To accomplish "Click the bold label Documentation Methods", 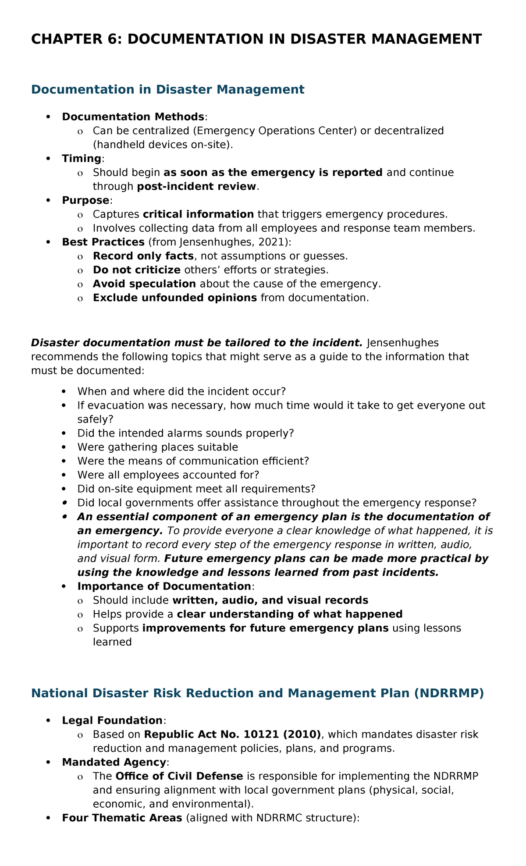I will coord(133,117).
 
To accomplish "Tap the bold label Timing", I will coord(82,159).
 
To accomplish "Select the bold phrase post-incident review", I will coord(196,186).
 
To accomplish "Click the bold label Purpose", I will coord(85,200).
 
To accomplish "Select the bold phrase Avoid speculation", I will coord(144,284).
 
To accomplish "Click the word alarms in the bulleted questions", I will coord(169,433).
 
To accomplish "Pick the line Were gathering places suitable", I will coord(157,447).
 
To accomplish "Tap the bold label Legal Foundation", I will coord(112,720).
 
